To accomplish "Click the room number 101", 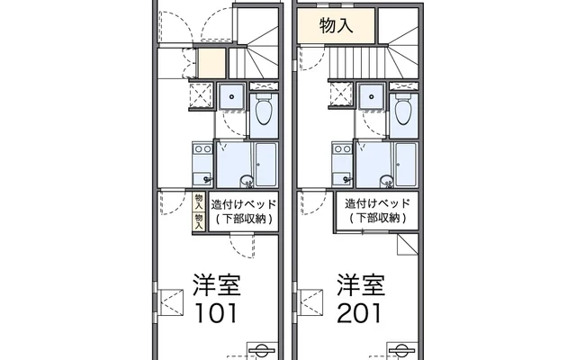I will coord(213,312).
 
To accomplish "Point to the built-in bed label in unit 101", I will coord(243,211).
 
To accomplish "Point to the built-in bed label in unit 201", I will coord(378,211).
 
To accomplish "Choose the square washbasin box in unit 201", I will coord(371,96).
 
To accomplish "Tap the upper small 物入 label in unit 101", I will coord(198,201).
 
